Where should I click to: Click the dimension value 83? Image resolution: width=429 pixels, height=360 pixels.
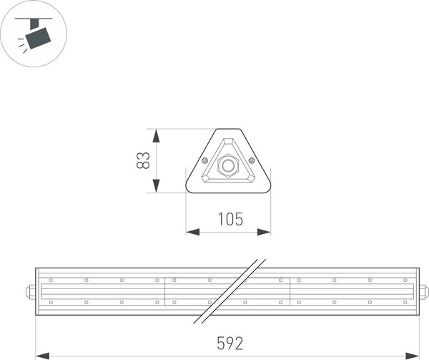click(x=143, y=160)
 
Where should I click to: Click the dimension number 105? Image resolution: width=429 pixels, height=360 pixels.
click(x=228, y=219)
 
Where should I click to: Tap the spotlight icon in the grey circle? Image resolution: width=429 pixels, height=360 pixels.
click(x=34, y=34)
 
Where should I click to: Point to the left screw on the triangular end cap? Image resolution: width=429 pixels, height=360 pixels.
click(x=205, y=160)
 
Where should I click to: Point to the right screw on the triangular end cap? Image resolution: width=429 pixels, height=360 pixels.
click(x=252, y=160)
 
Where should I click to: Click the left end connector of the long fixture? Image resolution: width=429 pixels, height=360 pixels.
click(x=31, y=291)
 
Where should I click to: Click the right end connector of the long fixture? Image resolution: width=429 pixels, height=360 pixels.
click(x=424, y=291)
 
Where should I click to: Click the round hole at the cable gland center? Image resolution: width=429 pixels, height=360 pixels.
click(x=229, y=166)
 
